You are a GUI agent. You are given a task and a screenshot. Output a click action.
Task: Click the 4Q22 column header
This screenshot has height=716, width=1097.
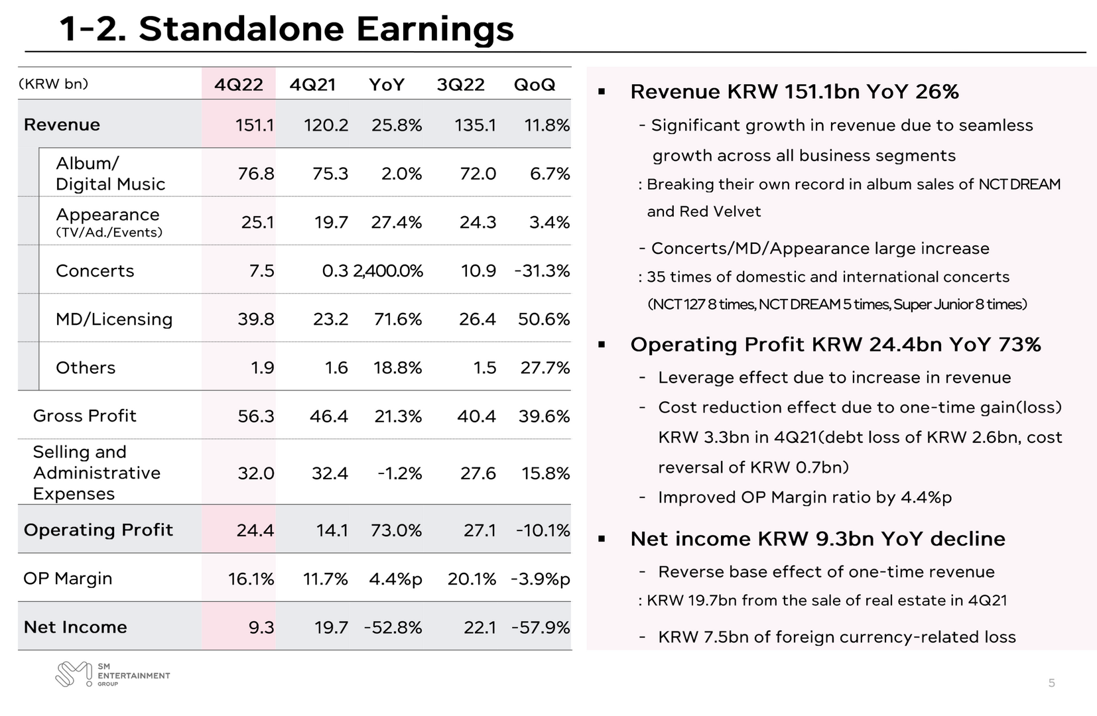[x=239, y=85]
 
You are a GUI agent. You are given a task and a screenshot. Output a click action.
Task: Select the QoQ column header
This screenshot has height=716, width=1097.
[x=535, y=85]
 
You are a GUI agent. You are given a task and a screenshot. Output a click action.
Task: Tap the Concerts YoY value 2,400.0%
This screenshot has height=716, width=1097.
[x=388, y=270]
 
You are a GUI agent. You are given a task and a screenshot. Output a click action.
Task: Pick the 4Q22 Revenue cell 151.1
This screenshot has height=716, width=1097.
[x=255, y=125]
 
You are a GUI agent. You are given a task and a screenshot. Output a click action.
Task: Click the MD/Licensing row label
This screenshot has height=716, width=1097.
[x=114, y=319]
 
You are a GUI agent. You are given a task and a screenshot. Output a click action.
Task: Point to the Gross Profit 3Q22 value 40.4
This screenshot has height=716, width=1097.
[x=476, y=416]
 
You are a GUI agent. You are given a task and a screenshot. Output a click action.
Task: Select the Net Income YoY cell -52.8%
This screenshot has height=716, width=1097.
[x=393, y=627]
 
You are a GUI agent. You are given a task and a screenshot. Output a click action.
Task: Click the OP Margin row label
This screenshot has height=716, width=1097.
[x=68, y=579]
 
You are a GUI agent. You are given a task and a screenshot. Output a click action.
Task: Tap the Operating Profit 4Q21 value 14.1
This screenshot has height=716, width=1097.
[x=332, y=530]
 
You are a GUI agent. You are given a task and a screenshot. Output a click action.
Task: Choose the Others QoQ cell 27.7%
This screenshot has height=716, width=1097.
[x=545, y=367]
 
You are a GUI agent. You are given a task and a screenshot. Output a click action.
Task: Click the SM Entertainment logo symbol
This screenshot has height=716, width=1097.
[x=74, y=674]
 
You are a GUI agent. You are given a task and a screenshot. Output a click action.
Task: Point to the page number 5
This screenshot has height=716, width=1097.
[x=1051, y=684]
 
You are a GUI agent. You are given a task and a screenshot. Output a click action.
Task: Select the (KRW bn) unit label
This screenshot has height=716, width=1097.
[x=53, y=84]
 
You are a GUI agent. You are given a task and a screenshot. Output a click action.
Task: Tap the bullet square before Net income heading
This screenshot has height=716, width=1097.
[x=602, y=539]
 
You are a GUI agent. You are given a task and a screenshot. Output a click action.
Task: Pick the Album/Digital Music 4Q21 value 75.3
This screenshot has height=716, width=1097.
[x=330, y=174]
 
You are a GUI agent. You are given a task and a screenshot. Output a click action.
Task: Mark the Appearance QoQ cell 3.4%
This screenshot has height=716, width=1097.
[x=549, y=223]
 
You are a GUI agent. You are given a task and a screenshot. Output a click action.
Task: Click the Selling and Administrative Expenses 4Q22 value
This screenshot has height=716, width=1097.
[x=255, y=473]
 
